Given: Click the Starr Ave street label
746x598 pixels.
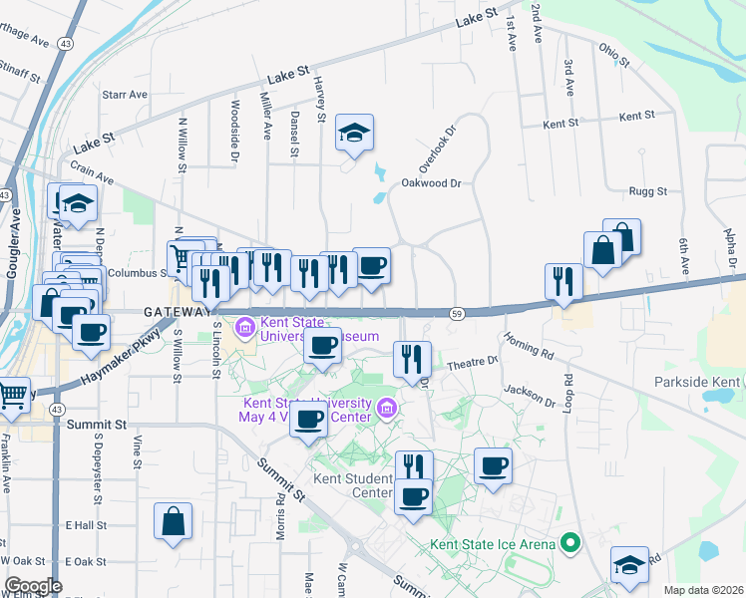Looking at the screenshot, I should coord(125,95).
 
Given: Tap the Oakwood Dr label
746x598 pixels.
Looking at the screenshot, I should coord(432,183).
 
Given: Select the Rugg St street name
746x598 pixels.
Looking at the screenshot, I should coord(646,190).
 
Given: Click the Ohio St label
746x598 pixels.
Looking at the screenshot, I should coord(615,54).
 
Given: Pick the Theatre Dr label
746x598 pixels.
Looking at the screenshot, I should coord(472,364).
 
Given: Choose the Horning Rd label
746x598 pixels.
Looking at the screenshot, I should coord(528,345).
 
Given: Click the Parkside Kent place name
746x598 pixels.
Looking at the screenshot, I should coord(697,383).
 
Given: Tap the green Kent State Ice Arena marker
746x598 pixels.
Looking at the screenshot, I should coord(569,544).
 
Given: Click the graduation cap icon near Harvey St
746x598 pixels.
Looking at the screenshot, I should coord(354,133).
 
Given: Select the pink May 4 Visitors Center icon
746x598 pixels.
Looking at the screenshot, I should coord(387,407).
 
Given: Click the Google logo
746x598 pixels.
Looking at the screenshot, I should coord(33,586).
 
